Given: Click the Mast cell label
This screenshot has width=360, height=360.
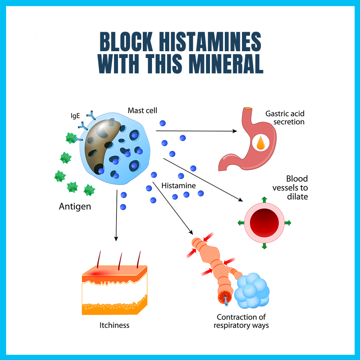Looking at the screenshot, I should (x=143, y=110).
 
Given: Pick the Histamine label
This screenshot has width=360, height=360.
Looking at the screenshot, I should (x=178, y=186).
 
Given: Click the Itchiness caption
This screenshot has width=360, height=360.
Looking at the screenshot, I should (x=114, y=325).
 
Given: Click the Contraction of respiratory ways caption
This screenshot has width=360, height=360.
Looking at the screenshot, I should (x=241, y=321).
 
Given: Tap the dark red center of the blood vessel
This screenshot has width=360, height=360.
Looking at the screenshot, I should (x=264, y=222).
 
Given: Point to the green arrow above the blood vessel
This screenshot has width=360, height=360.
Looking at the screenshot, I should (x=264, y=200).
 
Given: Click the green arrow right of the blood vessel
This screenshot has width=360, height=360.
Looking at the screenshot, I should (x=287, y=222).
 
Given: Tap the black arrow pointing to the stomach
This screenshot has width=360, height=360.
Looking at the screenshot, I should (x=196, y=131).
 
